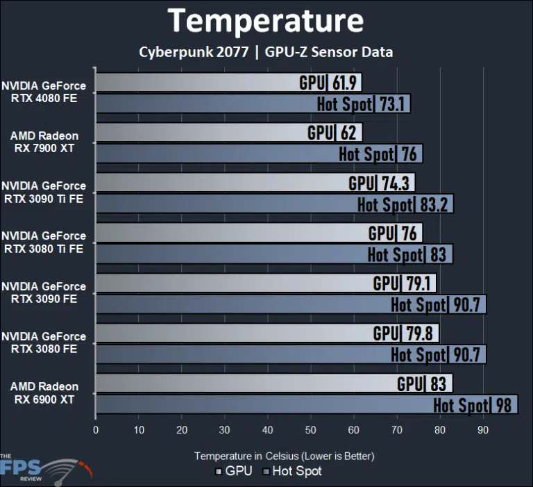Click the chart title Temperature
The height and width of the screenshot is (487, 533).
pos(266,21)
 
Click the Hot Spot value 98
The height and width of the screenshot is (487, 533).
pos(505,405)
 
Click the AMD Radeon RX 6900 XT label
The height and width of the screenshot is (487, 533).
pos(44,393)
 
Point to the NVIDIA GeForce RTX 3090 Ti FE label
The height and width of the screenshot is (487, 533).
pos(44,192)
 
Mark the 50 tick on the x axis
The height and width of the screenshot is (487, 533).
pos(311,430)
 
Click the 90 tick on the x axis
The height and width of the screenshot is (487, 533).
pos(483,430)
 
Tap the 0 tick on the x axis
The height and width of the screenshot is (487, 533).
pos(96,430)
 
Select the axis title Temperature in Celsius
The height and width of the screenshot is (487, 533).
pos(284,456)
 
